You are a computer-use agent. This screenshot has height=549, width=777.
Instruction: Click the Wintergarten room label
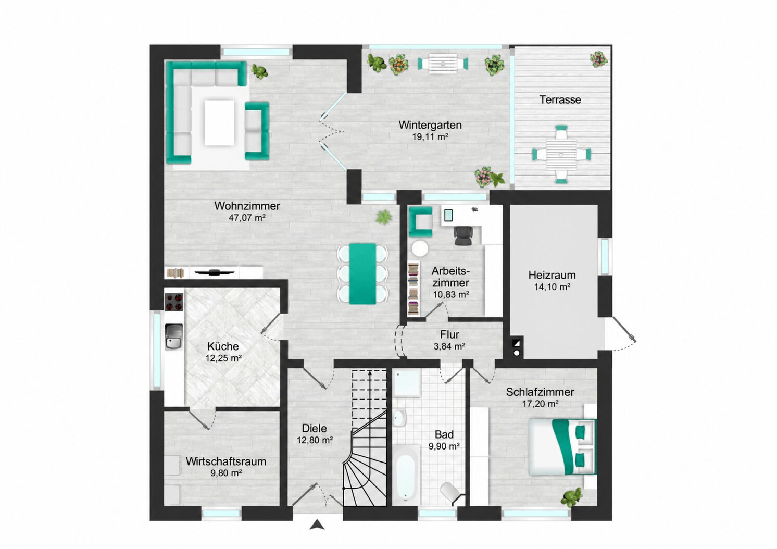tap(430, 125)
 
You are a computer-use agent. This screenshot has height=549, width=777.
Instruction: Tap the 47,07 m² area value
tap(247, 218)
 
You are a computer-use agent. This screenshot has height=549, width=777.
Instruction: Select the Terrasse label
tap(560, 100)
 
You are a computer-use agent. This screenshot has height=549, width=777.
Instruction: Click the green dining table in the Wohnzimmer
tap(362, 274)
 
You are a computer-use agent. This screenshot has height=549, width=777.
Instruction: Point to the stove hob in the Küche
tap(174, 302)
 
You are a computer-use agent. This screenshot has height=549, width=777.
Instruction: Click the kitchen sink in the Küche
tap(173, 336)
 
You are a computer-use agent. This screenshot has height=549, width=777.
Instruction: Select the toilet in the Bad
tap(452, 492)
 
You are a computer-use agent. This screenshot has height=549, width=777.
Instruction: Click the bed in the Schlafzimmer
tap(562, 446)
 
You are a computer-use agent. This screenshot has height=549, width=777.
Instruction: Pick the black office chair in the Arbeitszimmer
tap(463, 236)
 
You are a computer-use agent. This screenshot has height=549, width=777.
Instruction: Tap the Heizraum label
tap(552, 275)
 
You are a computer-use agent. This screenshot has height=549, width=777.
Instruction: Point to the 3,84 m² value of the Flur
tap(449, 346)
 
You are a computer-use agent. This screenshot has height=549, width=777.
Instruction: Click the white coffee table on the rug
tap(219, 122)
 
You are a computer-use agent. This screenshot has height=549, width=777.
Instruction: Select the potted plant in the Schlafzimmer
tap(571, 497)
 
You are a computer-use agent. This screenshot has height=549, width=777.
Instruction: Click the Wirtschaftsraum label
tap(226, 461)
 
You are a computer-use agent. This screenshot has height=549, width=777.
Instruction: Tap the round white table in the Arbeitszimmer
tap(420, 248)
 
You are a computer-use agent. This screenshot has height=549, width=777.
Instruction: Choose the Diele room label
tap(314, 428)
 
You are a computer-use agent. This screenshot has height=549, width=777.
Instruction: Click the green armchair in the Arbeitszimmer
tap(420, 222)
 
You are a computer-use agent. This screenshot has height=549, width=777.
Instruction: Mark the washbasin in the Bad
tap(400, 418)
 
